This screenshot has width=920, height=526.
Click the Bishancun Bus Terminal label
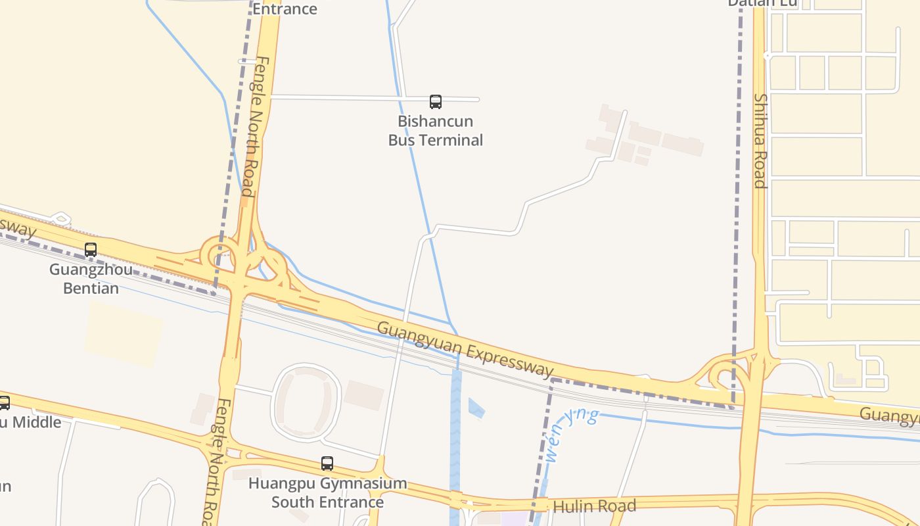(436, 130)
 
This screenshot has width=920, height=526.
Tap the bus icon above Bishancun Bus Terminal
(436, 102)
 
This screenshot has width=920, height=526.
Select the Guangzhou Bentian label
(91, 279)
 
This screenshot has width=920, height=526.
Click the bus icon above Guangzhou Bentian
(91, 250)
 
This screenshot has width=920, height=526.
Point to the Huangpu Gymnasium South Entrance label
(327, 492)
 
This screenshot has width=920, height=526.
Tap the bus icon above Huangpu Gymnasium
(327, 464)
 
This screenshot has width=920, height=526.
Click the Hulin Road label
(594, 506)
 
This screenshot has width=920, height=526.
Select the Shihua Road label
(760, 141)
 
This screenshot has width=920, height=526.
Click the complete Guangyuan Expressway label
(466, 349)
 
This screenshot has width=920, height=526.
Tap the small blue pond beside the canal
(476, 408)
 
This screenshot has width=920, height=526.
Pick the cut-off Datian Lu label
(762, 3)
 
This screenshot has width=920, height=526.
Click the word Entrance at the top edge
(285, 9)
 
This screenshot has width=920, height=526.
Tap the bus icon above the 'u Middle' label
(3, 402)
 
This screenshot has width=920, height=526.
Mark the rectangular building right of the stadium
(364, 394)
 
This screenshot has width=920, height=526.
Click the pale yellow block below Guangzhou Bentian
(123, 333)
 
